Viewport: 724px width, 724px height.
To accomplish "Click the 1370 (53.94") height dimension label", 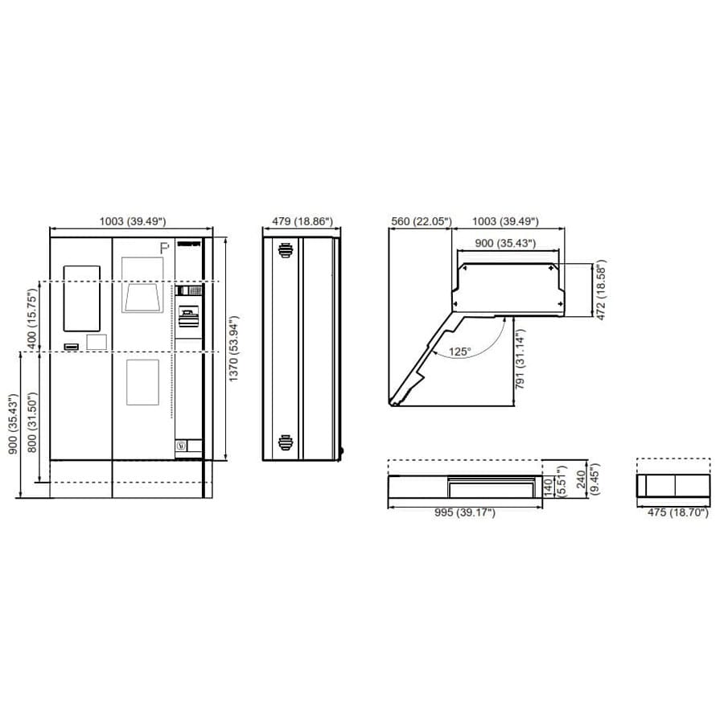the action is click(x=233, y=348).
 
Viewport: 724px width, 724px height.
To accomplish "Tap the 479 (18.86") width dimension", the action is click(x=302, y=221).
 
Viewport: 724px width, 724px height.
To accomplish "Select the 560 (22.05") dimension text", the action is click(x=421, y=221).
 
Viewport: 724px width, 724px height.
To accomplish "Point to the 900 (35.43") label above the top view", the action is click(x=505, y=243).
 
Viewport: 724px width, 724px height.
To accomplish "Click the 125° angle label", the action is click(x=460, y=352).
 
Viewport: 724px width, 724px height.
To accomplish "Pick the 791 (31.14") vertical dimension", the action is click(x=520, y=360).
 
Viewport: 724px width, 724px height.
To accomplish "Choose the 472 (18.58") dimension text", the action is click(x=601, y=290).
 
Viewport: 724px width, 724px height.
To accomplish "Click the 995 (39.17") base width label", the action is click(x=464, y=512).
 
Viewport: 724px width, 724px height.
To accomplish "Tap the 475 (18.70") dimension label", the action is click(x=678, y=512).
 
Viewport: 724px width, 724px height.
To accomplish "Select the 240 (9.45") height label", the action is click(x=587, y=479).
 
